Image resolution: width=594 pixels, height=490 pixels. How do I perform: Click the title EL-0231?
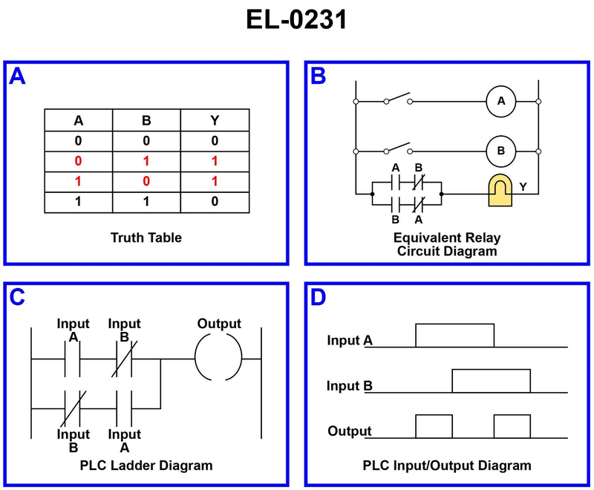pos(296,20)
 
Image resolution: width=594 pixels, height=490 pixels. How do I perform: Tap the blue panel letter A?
pos(17,76)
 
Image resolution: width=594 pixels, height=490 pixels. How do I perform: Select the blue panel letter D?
pos(318,298)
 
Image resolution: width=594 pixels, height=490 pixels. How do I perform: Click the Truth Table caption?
pos(146,238)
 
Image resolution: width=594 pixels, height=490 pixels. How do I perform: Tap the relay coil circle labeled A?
pos(501,101)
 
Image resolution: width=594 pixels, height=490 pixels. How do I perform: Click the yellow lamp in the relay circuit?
pos(503,192)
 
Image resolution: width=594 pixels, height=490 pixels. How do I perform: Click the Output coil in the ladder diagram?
pos(218,357)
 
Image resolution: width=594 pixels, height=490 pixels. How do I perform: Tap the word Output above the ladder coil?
pos(219,324)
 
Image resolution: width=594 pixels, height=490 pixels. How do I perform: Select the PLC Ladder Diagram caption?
pos(146,465)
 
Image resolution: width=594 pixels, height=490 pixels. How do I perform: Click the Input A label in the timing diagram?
pos(350,341)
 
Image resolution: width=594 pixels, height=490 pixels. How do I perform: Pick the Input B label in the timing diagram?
pos(350,386)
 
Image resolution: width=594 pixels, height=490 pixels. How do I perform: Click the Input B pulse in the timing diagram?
pos(491,381)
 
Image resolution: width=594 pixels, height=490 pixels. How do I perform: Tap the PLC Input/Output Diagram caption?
pos(447,466)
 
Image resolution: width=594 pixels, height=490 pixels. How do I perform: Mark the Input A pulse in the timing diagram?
pos(454,336)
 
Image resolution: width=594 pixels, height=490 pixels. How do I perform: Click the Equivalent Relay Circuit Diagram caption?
pos(447,244)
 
